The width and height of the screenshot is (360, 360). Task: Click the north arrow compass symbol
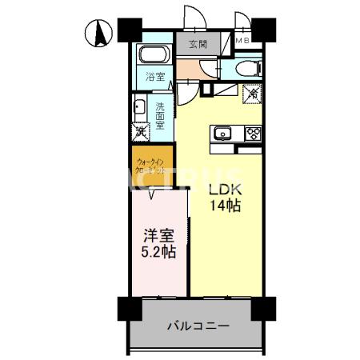99,34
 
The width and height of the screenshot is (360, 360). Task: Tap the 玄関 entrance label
198,45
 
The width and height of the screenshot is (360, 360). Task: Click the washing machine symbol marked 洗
140,131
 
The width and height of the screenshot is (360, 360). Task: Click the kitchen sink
221,133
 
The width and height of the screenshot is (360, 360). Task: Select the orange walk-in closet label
151,166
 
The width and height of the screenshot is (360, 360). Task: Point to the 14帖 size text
225,206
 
